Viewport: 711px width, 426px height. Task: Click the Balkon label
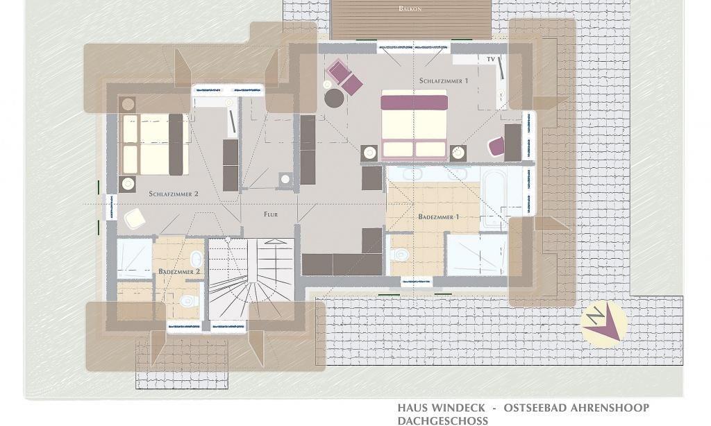(410, 8)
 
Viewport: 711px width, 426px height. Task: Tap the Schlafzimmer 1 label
(444, 80)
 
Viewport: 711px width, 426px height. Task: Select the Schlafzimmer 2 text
(174, 194)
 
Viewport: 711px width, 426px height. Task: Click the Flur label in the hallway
(271, 214)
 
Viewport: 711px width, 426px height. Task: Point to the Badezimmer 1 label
(439, 216)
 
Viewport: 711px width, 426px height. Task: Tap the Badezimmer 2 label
(179, 271)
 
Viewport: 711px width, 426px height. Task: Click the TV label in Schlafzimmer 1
(491, 60)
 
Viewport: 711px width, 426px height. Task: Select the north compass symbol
(603, 323)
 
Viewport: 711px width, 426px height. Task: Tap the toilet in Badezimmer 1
(400, 254)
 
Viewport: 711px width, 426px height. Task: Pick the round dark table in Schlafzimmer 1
(334, 98)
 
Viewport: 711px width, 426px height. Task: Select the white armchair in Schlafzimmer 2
(135, 219)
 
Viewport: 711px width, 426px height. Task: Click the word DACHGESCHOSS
(443, 421)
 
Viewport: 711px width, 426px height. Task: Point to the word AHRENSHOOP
(610, 408)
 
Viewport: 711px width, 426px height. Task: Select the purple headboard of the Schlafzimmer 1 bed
(414, 103)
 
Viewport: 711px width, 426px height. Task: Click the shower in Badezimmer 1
(476, 254)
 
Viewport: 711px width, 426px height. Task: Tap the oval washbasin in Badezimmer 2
(196, 259)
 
